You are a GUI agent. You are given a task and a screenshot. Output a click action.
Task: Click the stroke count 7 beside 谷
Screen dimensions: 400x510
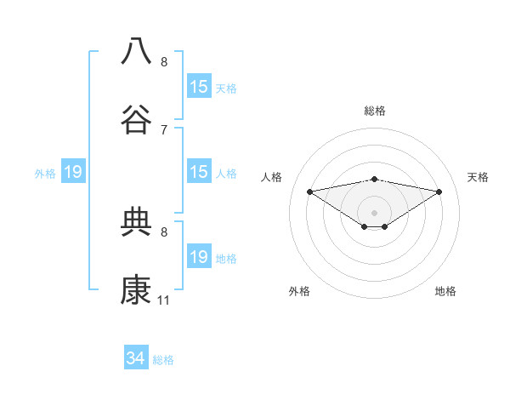point(164,129)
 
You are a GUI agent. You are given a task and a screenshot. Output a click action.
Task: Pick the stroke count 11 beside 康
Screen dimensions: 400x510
point(164,300)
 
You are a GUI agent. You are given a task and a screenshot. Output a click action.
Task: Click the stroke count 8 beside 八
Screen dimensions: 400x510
point(164,61)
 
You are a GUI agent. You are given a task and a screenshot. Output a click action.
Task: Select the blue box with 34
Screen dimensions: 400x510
point(136,359)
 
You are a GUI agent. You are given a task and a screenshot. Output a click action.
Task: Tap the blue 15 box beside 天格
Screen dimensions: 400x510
point(199,87)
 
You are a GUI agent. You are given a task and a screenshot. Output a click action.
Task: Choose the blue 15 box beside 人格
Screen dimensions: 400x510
point(199,172)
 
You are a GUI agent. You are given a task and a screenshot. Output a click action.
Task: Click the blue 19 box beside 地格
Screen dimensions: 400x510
point(199,257)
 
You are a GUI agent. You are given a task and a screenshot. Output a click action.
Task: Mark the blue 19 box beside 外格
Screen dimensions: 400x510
point(73,173)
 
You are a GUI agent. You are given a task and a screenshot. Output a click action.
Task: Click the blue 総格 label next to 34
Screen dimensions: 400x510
point(163,360)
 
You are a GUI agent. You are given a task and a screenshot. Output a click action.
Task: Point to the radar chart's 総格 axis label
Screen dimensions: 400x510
point(374,111)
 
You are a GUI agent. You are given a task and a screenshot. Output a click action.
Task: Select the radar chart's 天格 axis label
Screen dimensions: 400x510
point(479,177)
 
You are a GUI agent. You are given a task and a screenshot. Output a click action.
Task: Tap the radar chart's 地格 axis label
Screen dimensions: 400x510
point(445,291)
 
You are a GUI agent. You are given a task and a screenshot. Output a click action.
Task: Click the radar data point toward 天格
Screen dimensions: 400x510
point(439,191)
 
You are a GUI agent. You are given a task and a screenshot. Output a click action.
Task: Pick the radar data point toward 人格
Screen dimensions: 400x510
point(310,191)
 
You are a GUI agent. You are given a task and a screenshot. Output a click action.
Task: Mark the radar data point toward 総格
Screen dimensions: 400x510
point(374,179)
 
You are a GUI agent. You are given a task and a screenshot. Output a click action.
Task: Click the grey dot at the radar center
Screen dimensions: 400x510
point(374,212)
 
